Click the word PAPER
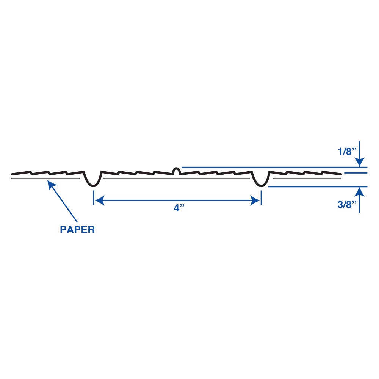(77, 229)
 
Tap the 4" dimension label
(179, 208)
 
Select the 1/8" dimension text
(347, 152)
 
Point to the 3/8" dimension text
(347, 205)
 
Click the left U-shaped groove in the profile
(92, 179)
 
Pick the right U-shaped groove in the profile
(261, 179)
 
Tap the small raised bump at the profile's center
(177, 171)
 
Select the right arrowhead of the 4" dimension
(255, 200)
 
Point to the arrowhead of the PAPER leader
(52, 185)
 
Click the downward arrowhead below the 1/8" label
(360, 162)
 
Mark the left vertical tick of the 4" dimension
(94, 198)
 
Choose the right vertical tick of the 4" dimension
(261, 198)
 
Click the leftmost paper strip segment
(45, 179)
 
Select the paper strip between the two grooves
(177, 179)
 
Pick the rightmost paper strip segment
(307, 179)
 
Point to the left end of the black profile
(12, 174)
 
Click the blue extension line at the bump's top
(274, 167)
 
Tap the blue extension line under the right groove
(318, 186)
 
